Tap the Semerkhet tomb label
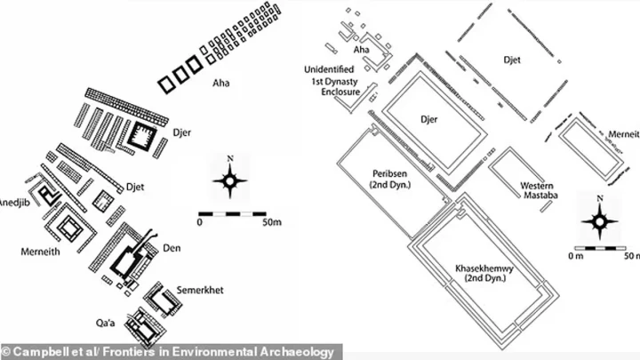coord(200,290)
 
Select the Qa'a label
coord(105,324)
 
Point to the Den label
coord(172,248)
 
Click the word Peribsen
coord(390,174)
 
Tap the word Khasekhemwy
coord(484,268)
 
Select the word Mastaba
coord(540,195)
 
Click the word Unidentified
coord(329,69)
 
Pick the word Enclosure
coord(340,92)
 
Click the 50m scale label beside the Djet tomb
coord(272,222)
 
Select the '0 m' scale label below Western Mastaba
coord(575,256)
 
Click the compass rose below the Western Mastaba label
coord(600,220)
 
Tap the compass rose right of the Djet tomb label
coord(230,179)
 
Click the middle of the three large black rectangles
coord(180,75)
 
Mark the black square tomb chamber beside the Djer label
coord(141,135)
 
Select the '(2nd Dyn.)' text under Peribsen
coord(390,184)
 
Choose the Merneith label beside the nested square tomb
coord(40,252)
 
